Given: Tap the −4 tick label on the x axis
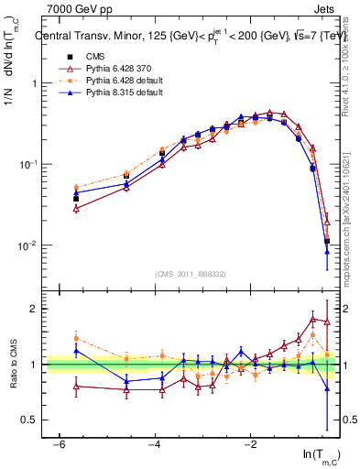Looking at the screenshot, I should [155, 444].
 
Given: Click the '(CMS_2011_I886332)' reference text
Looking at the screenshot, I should [191, 274].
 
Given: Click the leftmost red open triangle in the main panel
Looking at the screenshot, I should [76, 209].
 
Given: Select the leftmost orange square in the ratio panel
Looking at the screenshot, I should [76, 338].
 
